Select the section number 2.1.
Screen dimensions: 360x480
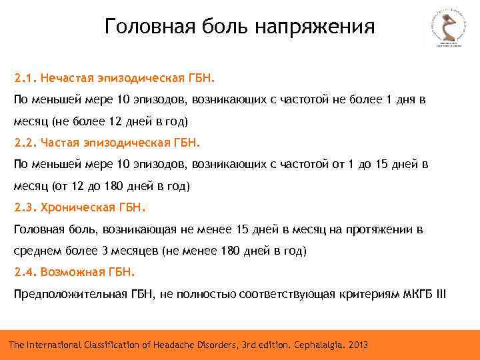(25, 78)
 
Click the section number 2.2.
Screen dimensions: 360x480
(25, 142)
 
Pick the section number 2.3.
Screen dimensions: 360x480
(25, 207)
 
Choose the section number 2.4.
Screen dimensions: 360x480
(25, 272)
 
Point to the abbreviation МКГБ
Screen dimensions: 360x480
(418, 294)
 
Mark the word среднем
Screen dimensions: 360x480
(37, 251)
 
